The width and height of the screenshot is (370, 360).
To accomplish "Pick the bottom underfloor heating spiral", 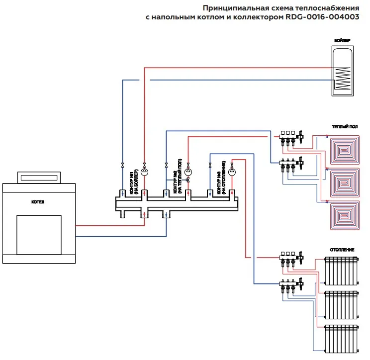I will click(x=345, y=214).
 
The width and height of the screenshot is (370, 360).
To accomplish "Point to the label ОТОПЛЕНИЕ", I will click(x=342, y=250).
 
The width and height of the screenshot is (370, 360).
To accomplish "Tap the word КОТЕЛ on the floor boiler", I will click(x=38, y=203).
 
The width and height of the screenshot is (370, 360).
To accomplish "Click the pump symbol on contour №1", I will click(x=145, y=173).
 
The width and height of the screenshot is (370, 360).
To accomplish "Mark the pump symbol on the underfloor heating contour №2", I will click(x=188, y=172).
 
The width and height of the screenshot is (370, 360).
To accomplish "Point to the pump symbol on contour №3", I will click(x=232, y=173).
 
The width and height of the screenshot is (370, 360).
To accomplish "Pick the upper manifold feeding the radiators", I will click(x=291, y=257).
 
